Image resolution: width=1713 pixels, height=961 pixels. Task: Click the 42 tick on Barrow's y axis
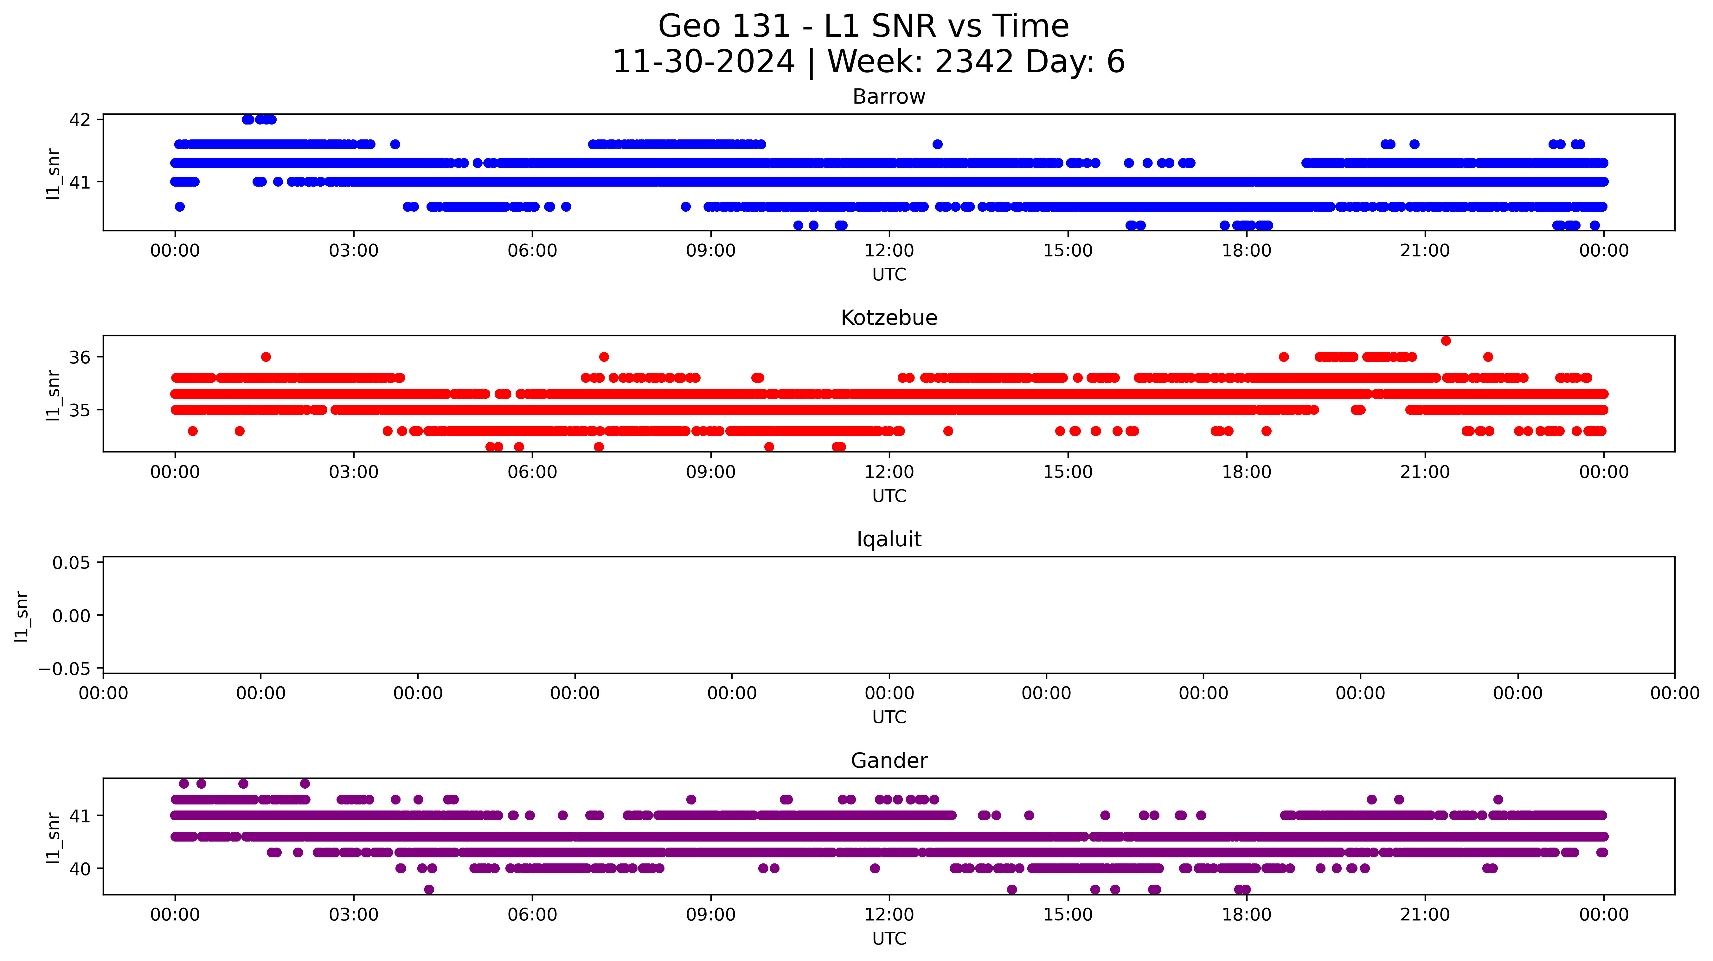pyautogui.click(x=80, y=120)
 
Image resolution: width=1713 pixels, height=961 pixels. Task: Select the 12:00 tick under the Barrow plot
pyautogui.click(x=889, y=251)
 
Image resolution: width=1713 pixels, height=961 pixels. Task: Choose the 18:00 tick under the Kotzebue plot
pyautogui.click(x=1246, y=472)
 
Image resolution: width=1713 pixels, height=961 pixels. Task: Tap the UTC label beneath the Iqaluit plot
pyautogui.click(x=889, y=717)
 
